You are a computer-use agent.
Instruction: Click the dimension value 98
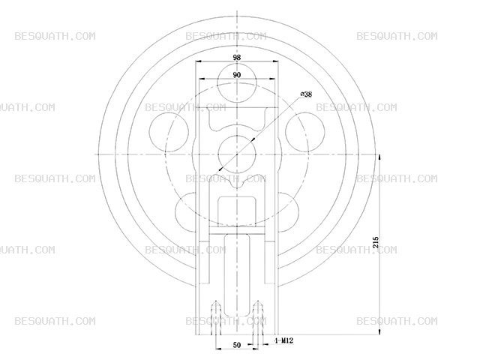pos(237,58)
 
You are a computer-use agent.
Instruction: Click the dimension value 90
pos(237,75)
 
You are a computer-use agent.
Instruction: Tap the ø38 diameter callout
pos(306,94)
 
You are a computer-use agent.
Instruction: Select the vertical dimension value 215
pos(376,241)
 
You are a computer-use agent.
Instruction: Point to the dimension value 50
pos(237,345)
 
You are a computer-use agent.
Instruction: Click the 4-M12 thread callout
pos(283,340)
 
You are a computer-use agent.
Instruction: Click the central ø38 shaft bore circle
pos(237,154)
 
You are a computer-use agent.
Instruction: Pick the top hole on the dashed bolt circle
pos(237,83)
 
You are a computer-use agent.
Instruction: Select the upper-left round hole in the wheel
pos(169,132)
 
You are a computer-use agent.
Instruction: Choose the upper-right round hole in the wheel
pos(305,132)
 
